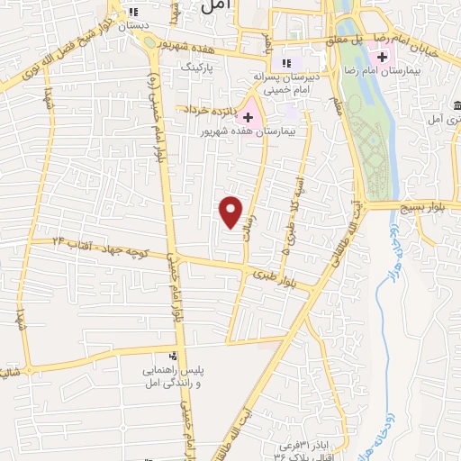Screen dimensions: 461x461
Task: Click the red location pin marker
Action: click(231, 211)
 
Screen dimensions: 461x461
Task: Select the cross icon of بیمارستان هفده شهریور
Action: click(248, 117)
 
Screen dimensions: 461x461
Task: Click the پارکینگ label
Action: click(199, 67)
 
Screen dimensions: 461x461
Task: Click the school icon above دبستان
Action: click(134, 13)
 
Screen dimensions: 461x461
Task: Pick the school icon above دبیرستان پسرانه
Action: click(286, 63)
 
